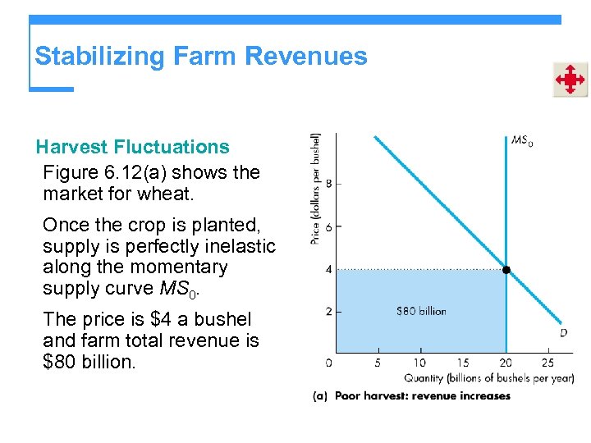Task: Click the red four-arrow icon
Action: (569, 80)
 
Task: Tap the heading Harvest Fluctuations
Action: (132, 147)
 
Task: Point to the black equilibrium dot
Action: (506, 270)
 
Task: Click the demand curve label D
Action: (563, 332)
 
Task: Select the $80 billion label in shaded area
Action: (421, 311)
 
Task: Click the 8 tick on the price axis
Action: (328, 183)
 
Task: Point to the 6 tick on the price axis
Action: (328, 226)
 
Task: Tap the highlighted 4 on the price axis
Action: (328, 269)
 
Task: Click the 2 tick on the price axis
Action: (328, 312)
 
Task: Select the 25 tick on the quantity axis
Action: (547, 363)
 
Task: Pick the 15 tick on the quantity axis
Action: (462, 363)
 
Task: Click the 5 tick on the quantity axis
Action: (377, 363)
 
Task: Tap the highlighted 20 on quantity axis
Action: (506, 363)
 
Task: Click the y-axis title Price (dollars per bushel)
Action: (316, 189)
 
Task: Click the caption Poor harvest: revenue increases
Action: (422, 395)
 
